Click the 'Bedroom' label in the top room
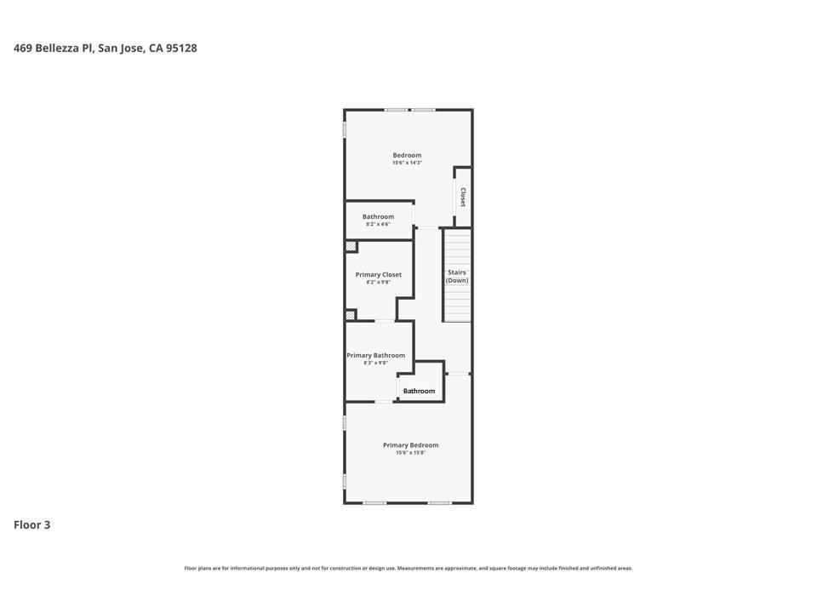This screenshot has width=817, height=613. click(x=407, y=155)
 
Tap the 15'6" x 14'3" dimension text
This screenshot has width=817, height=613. click(x=407, y=163)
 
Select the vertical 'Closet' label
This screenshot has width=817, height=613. click(x=463, y=198)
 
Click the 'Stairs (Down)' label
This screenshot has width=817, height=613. click(x=457, y=277)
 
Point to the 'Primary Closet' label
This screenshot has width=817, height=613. click(x=379, y=275)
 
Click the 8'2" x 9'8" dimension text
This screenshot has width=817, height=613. click(x=379, y=283)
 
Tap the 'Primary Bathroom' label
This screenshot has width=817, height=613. click(x=375, y=355)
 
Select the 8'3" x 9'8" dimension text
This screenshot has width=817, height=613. click(x=375, y=364)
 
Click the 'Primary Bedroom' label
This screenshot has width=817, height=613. click(x=410, y=445)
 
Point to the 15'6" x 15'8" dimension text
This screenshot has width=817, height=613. click(x=410, y=453)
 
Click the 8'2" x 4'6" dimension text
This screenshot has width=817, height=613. click(x=378, y=225)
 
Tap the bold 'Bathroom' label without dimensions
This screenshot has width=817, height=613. click(x=419, y=392)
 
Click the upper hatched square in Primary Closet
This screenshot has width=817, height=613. click(x=351, y=247)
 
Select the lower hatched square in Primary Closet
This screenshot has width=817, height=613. click(x=351, y=315)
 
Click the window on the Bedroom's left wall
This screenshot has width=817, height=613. click(x=345, y=130)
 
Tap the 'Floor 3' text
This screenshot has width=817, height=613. click(x=31, y=524)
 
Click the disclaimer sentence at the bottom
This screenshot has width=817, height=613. click(x=408, y=568)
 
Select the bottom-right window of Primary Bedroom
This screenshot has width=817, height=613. click(x=439, y=503)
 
